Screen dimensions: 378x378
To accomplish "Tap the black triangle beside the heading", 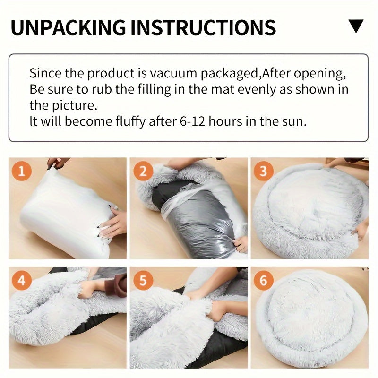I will pyautogui.click(x=356, y=26).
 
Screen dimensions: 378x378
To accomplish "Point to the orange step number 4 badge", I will pyautogui.click(x=20, y=281).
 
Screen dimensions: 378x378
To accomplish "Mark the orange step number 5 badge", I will pyautogui.click(x=142, y=281).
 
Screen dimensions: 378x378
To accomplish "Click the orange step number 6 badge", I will pyautogui.click(x=264, y=281).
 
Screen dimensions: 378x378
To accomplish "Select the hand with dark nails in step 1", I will pyautogui.click(x=111, y=222).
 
